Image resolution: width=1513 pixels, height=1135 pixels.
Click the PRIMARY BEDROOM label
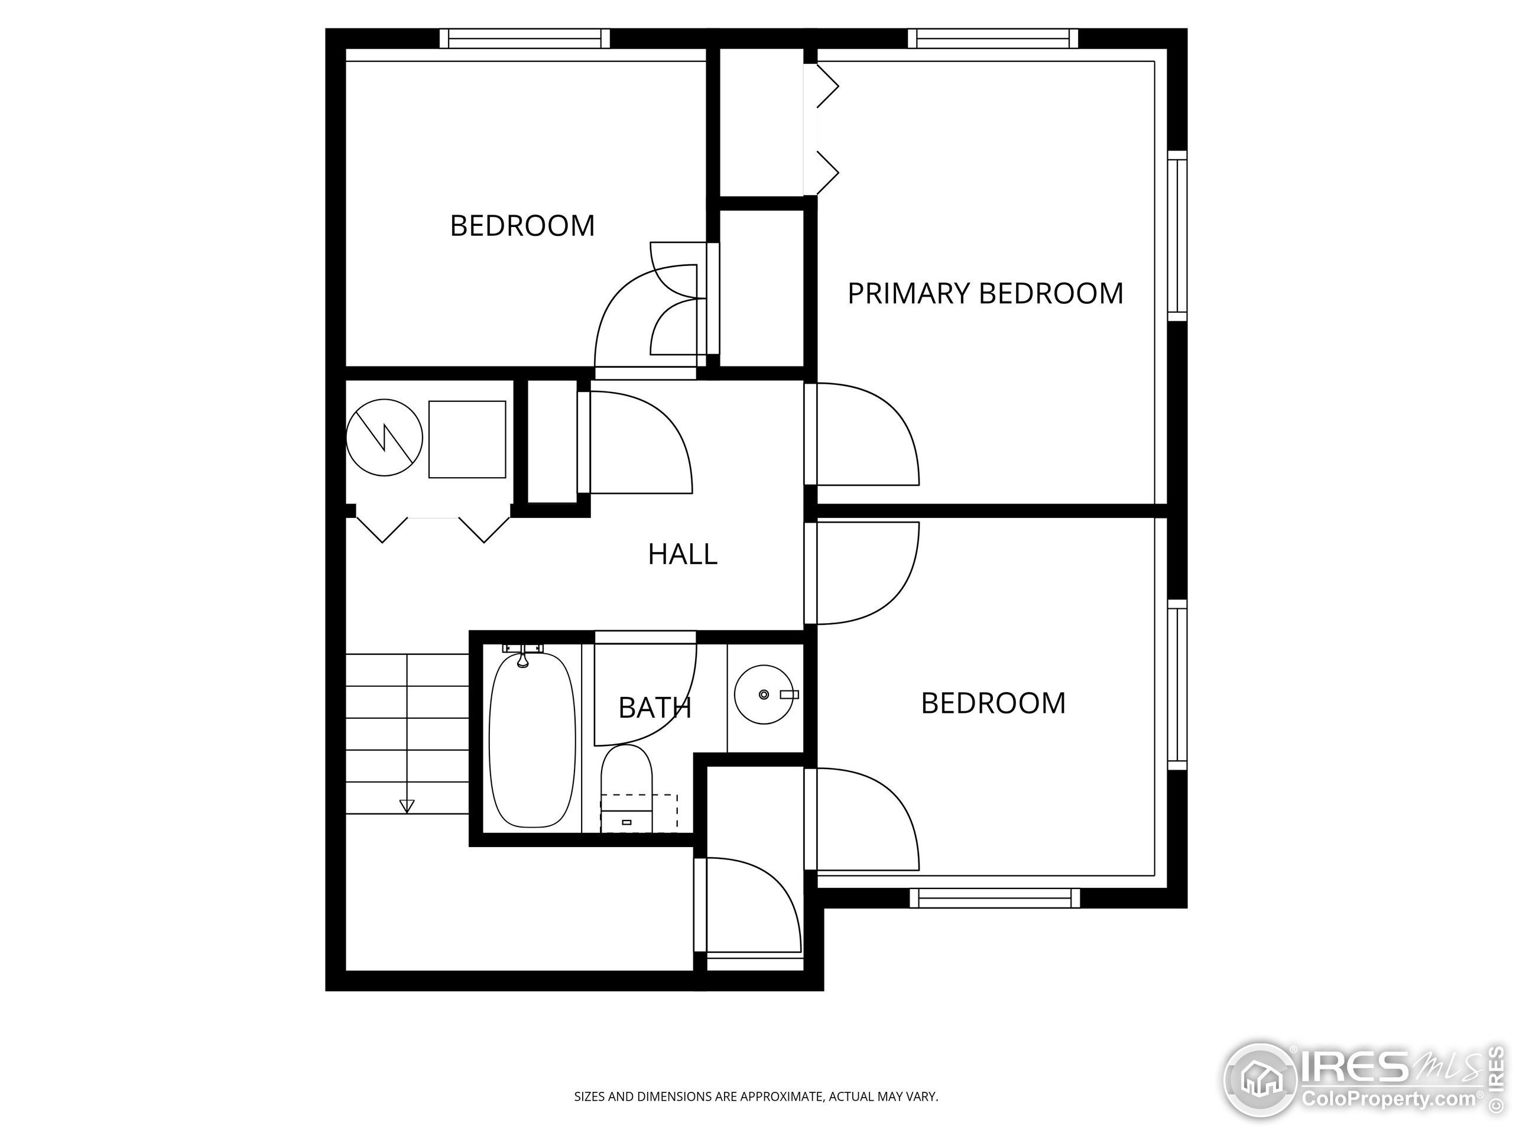(x=985, y=293)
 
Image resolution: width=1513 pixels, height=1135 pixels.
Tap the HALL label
(x=683, y=554)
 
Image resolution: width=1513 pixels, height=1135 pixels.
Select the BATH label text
(x=655, y=708)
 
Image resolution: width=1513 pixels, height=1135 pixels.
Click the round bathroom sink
(x=764, y=695)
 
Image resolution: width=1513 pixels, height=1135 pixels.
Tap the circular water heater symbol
(x=384, y=438)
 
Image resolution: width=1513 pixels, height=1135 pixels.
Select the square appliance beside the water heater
(x=467, y=439)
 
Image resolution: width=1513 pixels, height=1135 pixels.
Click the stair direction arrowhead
(x=407, y=806)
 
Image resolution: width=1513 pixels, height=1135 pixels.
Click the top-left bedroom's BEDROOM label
(x=522, y=226)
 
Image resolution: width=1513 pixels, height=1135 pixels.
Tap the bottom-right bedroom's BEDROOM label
(x=993, y=703)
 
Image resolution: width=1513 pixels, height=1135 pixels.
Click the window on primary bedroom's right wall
(x=1177, y=236)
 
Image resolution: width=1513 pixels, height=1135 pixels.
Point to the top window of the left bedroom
(x=525, y=38)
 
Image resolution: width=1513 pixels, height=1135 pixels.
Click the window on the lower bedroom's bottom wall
(x=995, y=899)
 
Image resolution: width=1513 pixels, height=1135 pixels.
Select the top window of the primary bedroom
(x=993, y=38)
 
